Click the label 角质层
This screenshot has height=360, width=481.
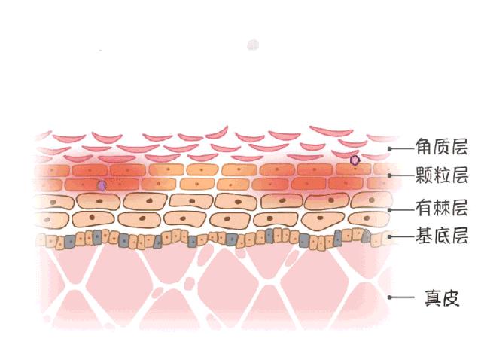(442, 147)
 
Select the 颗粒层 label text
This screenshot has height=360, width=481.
(442, 175)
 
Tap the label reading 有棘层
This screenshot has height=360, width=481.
(442, 208)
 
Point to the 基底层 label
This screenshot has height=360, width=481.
(442, 236)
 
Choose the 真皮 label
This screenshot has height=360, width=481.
(442, 297)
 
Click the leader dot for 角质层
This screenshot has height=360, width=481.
(390, 149)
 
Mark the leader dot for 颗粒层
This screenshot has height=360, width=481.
(390, 175)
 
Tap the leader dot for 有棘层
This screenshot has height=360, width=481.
(390, 210)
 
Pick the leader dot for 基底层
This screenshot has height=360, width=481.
(390, 237)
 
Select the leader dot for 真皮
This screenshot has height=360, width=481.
(390, 297)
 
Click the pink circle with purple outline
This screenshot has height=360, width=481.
(355, 160)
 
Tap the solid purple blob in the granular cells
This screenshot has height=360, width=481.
(102, 186)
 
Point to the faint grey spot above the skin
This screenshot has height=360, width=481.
(253, 45)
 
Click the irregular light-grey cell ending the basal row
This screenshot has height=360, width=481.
(366, 236)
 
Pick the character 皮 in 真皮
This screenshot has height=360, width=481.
(451, 297)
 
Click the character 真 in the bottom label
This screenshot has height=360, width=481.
(433, 297)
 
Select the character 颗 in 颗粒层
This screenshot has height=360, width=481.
(425, 175)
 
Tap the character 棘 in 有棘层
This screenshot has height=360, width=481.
(442, 208)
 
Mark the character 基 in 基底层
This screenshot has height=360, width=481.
(425, 236)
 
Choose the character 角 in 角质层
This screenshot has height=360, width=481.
(425, 147)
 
